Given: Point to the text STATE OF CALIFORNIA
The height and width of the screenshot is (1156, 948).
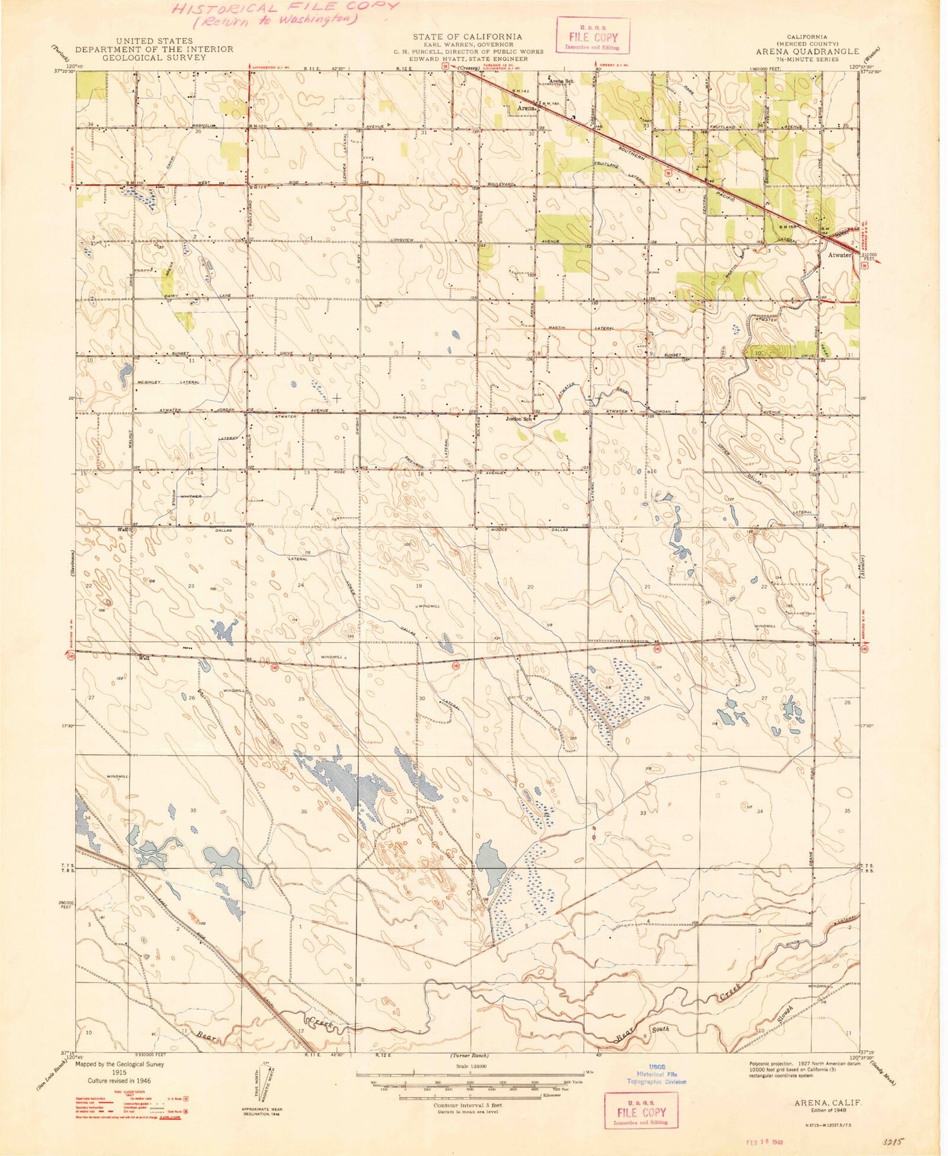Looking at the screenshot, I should [x=467, y=37].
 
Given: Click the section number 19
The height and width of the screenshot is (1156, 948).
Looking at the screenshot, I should [x=418, y=587].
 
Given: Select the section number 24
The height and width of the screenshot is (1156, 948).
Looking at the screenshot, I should [x=301, y=585].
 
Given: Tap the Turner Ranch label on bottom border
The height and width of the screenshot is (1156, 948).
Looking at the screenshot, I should [x=470, y=1056].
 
